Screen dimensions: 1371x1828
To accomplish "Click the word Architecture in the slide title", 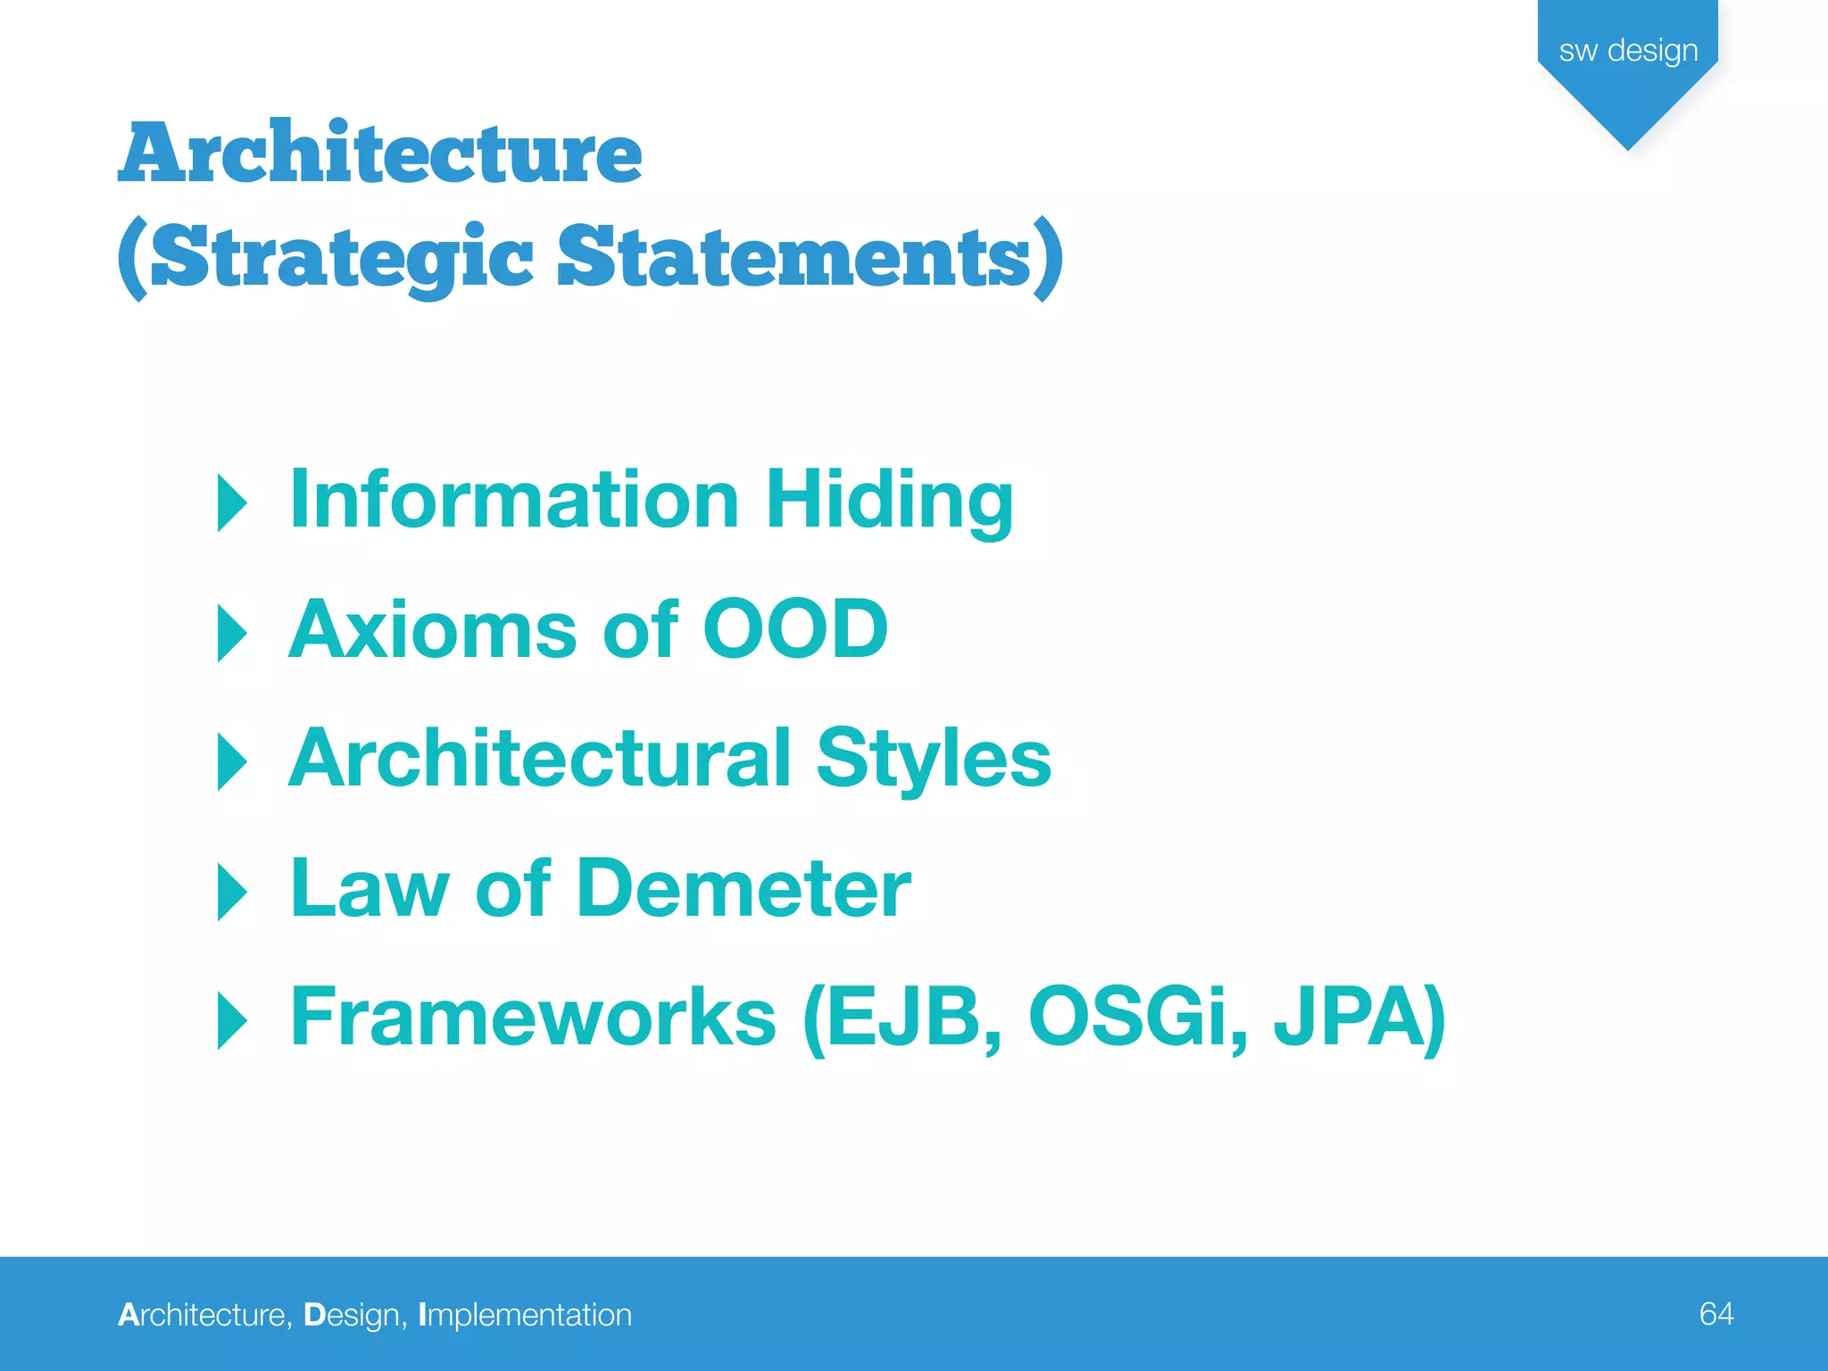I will pos(380,154).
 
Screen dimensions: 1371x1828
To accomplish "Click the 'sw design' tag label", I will pos(1628,51).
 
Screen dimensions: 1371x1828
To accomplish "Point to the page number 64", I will pos(1716,1314).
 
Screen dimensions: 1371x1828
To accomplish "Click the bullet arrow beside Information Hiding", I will pos(232,503).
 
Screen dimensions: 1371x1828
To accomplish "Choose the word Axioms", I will pos(433,630).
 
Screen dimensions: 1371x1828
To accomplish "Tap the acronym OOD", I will pos(795,630).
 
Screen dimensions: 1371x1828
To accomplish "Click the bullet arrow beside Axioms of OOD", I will pos(232,633).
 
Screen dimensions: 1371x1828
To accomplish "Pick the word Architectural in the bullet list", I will pos(541,759).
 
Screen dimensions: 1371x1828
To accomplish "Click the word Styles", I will pos(934,760).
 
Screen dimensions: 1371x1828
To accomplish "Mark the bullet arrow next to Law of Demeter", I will pos(232,892).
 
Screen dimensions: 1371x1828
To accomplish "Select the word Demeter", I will pos(744,889).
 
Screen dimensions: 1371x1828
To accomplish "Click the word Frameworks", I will pos(534,1018).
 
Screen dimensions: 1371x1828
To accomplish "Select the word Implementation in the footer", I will pos(525,1316).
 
